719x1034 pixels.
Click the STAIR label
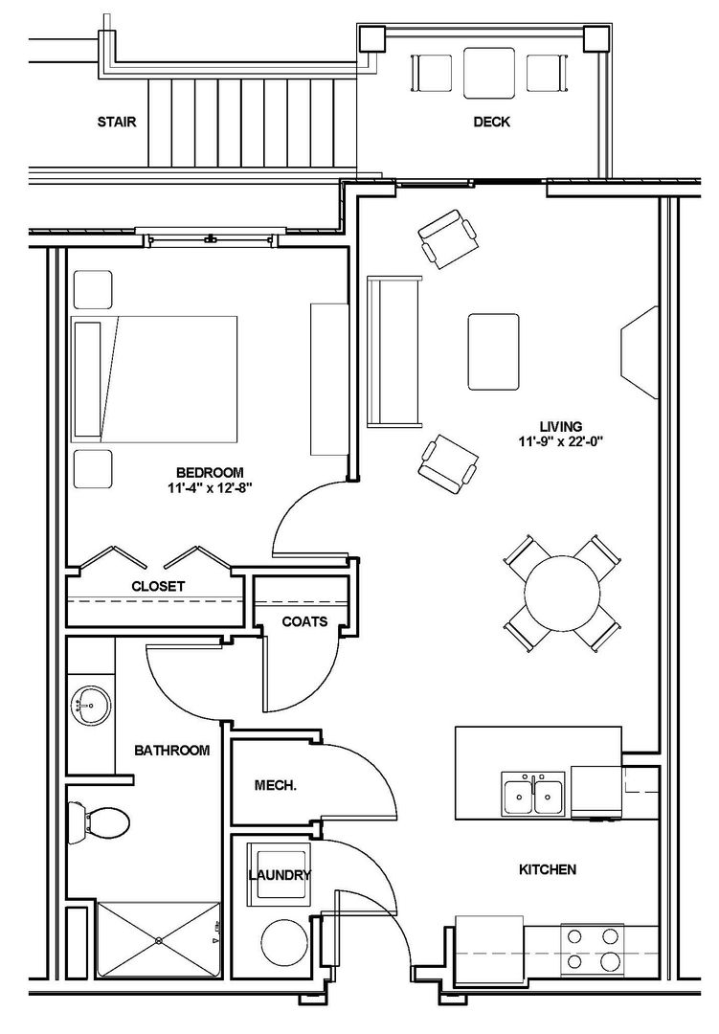(117, 122)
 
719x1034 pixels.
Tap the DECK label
(491, 122)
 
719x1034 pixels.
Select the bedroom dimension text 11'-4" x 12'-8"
(210, 488)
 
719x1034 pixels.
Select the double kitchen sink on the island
(533, 794)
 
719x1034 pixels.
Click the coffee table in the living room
(493, 352)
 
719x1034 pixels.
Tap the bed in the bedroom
(154, 379)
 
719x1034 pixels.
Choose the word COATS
(304, 622)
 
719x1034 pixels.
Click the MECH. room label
(276, 785)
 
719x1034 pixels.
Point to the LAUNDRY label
(280, 876)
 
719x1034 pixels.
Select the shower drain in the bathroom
(159, 940)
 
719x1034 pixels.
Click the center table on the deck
(489, 73)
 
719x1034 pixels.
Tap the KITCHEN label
(548, 869)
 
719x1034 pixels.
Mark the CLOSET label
(158, 586)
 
